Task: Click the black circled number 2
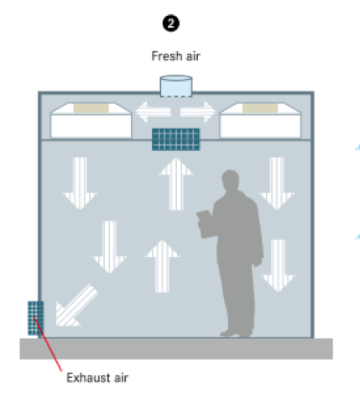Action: (171, 24)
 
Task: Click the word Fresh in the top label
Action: (167, 56)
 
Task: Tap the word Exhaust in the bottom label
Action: (89, 378)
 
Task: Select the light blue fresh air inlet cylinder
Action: (176, 86)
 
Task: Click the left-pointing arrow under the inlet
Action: (153, 112)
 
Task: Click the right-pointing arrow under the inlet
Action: (198, 112)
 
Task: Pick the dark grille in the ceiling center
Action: (176, 139)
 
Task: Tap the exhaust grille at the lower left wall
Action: (35, 318)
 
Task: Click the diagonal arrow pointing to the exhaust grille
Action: (76, 306)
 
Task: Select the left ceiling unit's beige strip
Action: (91, 108)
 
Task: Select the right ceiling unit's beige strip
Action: (260, 108)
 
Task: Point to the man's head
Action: (230, 179)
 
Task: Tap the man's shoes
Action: (237, 333)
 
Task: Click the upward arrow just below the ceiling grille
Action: (176, 184)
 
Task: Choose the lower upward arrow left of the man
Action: (162, 266)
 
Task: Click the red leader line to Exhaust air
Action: (48, 343)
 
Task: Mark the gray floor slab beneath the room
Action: (176, 348)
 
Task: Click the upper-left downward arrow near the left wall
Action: (80, 183)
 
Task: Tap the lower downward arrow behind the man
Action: (278, 265)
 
